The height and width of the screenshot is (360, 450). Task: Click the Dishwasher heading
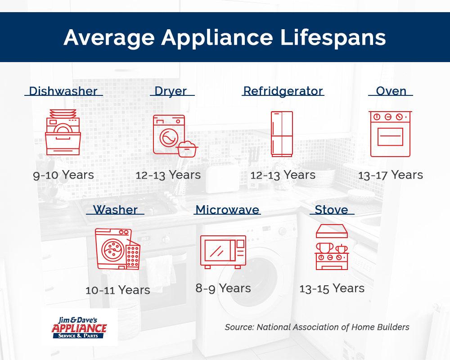pyautogui.click(x=63, y=91)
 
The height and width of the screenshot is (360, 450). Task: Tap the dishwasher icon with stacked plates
pyautogui.click(x=63, y=132)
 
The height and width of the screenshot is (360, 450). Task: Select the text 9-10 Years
pyautogui.click(x=63, y=175)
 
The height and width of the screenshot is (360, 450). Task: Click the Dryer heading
pyautogui.click(x=171, y=91)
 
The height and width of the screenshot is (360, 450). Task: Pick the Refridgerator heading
pyautogui.click(x=283, y=91)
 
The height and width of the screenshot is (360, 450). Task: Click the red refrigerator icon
pyautogui.click(x=282, y=134)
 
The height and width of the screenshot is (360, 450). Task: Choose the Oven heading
pyautogui.click(x=391, y=91)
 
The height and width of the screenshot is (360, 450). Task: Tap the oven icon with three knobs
pyautogui.click(x=390, y=134)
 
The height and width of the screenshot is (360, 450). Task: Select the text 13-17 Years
pyautogui.click(x=391, y=175)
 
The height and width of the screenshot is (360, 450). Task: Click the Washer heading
pyautogui.click(x=115, y=210)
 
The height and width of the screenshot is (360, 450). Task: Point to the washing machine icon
pyautogui.click(x=117, y=249)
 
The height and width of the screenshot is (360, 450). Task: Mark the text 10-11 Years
pyautogui.click(x=118, y=290)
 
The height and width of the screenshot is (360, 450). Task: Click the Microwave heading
pyautogui.click(x=227, y=210)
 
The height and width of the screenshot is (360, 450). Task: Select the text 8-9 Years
pyautogui.click(x=223, y=288)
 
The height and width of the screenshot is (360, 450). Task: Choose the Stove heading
pyautogui.click(x=332, y=210)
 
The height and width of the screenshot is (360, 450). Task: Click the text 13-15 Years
pyautogui.click(x=332, y=288)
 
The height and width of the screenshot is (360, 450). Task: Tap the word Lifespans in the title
pyautogui.click(x=333, y=38)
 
